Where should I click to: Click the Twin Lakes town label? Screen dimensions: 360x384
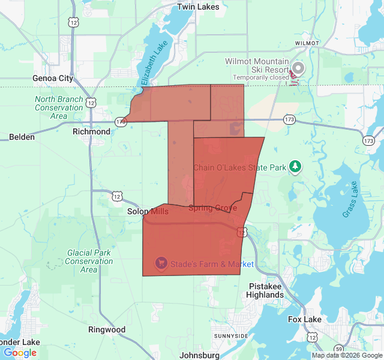pyautogui.click(x=197, y=7)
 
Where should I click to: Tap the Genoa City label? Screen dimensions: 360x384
pyautogui.click(x=53, y=79)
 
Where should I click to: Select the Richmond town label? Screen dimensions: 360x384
pyautogui.click(x=91, y=131)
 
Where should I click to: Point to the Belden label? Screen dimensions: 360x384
pyautogui.click(x=22, y=137)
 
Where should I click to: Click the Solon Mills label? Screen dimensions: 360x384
pyautogui.click(x=148, y=212)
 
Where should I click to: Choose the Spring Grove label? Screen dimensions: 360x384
pyautogui.click(x=212, y=208)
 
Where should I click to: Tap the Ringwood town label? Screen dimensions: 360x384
pyautogui.click(x=107, y=329)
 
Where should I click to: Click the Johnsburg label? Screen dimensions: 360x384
pyautogui.click(x=199, y=355)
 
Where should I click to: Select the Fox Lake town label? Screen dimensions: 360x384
pyautogui.click(x=304, y=319)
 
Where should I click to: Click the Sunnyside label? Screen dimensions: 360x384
pyautogui.click(x=230, y=335)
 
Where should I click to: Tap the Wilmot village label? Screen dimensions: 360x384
pyautogui.click(x=307, y=44)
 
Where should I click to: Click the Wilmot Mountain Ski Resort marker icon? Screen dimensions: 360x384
pyautogui.click(x=298, y=67)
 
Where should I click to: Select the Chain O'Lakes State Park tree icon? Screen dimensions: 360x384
pyautogui.click(x=295, y=166)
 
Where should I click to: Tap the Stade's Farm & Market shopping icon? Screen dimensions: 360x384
pyautogui.click(x=161, y=263)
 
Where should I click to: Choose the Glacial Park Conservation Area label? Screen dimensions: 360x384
pyautogui.click(x=89, y=261)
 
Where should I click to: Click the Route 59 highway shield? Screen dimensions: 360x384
pyautogui.click(x=338, y=349)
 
